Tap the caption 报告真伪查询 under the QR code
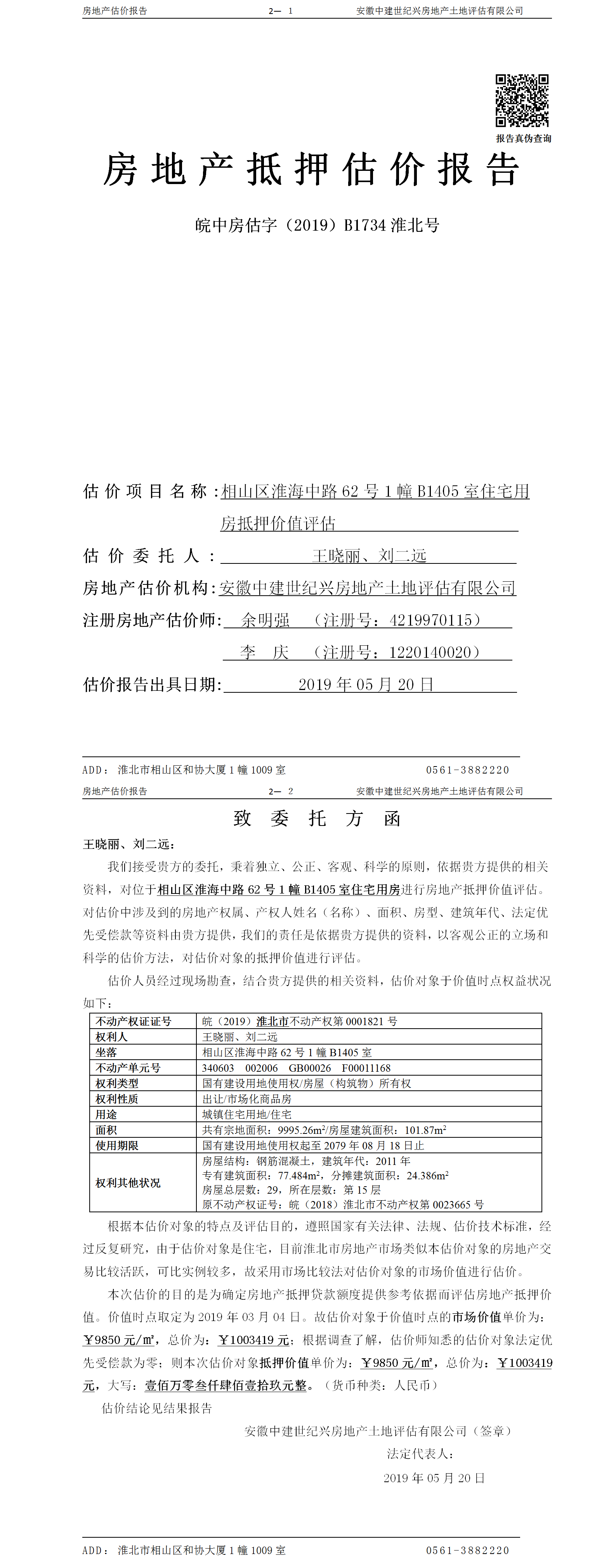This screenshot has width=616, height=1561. (x=523, y=138)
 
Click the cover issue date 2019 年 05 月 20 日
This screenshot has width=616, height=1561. (x=366, y=685)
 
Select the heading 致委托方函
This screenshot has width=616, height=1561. (x=317, y=819)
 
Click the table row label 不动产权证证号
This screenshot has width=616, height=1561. (x=133, y=1021)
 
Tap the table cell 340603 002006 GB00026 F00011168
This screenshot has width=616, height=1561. (x=296, y=1068)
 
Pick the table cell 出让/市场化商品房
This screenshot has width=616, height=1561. (x=246, y=1099)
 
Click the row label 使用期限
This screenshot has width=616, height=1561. (x=117, y=1145)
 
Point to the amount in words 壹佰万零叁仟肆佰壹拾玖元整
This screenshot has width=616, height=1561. (x=225, y=1385)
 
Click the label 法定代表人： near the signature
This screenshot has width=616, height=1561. (x=420, y=1453)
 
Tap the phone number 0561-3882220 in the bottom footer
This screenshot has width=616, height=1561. (x=467, y=1549)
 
